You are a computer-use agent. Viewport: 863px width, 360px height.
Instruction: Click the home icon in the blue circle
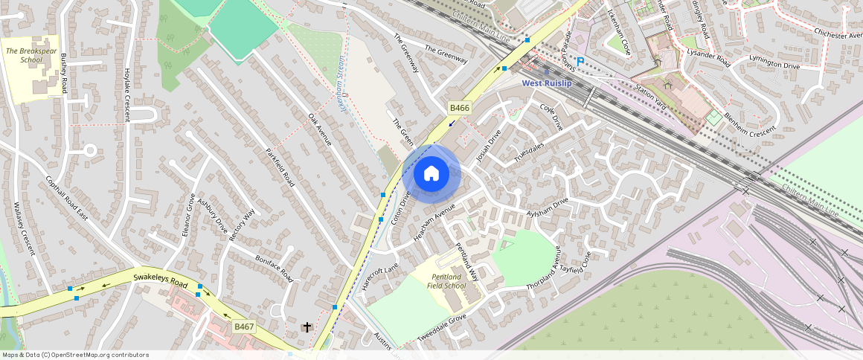click(x=431, y=174)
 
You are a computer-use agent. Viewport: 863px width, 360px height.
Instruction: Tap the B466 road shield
click(x=460, y=109)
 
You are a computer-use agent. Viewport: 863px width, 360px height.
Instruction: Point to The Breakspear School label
click(x=31, y=55)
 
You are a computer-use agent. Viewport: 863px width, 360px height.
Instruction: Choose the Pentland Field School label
click(x=449, y=280)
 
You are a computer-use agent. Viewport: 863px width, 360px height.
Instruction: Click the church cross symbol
click(x=307, y=327)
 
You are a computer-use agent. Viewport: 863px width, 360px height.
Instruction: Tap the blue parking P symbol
click(x=580, y=62)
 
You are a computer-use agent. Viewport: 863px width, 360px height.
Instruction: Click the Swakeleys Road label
click(x=160, y=280)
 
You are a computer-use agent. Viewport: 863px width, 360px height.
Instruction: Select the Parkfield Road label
click(x=280, y=167)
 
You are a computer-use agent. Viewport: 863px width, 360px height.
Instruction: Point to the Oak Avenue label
click(x=319, y=129)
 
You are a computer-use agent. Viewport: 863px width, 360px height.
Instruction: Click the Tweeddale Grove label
click(x=441, y=327)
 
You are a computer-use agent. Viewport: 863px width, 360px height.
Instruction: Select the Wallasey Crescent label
click(x=24, y=228)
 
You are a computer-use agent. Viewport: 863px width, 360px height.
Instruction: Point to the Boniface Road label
click(x=274, y=269)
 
